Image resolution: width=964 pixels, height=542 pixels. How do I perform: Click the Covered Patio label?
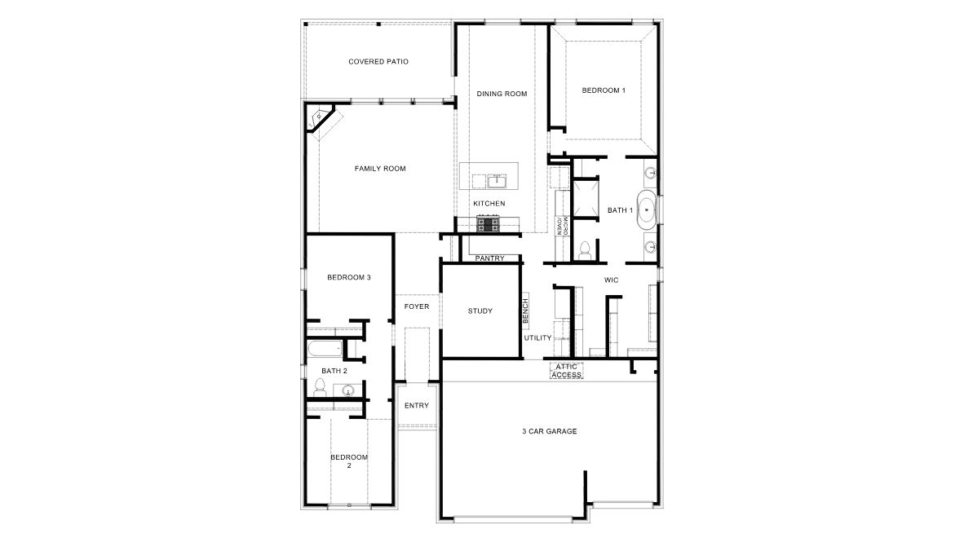(378, 61)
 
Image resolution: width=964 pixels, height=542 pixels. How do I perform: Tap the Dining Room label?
(502, 94)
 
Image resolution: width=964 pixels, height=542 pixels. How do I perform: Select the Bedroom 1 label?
(604, 90)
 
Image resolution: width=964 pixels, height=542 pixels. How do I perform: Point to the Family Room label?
(380, 169)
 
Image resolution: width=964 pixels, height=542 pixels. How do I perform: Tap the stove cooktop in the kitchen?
(489, 223)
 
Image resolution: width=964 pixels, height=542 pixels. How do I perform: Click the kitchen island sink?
(497, 181)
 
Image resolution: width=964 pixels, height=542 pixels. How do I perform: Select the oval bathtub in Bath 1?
(646, 210)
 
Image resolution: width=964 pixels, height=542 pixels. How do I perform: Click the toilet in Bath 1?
(585, 251)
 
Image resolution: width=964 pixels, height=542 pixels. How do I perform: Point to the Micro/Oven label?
(562, 226)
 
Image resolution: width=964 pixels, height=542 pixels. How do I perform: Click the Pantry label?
(489, 258)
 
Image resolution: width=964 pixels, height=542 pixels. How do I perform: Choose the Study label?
(480, 311)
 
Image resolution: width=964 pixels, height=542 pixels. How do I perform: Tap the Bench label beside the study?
(526, 311)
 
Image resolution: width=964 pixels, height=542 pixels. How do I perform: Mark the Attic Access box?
(566, 371)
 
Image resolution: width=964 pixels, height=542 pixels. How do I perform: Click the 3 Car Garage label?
(550, 431)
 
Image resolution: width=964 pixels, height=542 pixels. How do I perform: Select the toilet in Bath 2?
(320, 388)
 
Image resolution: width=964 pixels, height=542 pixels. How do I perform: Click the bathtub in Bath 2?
(324, 349)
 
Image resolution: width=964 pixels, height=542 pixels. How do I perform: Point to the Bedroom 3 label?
(348, 278)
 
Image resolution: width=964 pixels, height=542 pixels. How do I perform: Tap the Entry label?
(417, 406)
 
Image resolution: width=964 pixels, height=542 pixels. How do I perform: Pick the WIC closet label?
(611, 280)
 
